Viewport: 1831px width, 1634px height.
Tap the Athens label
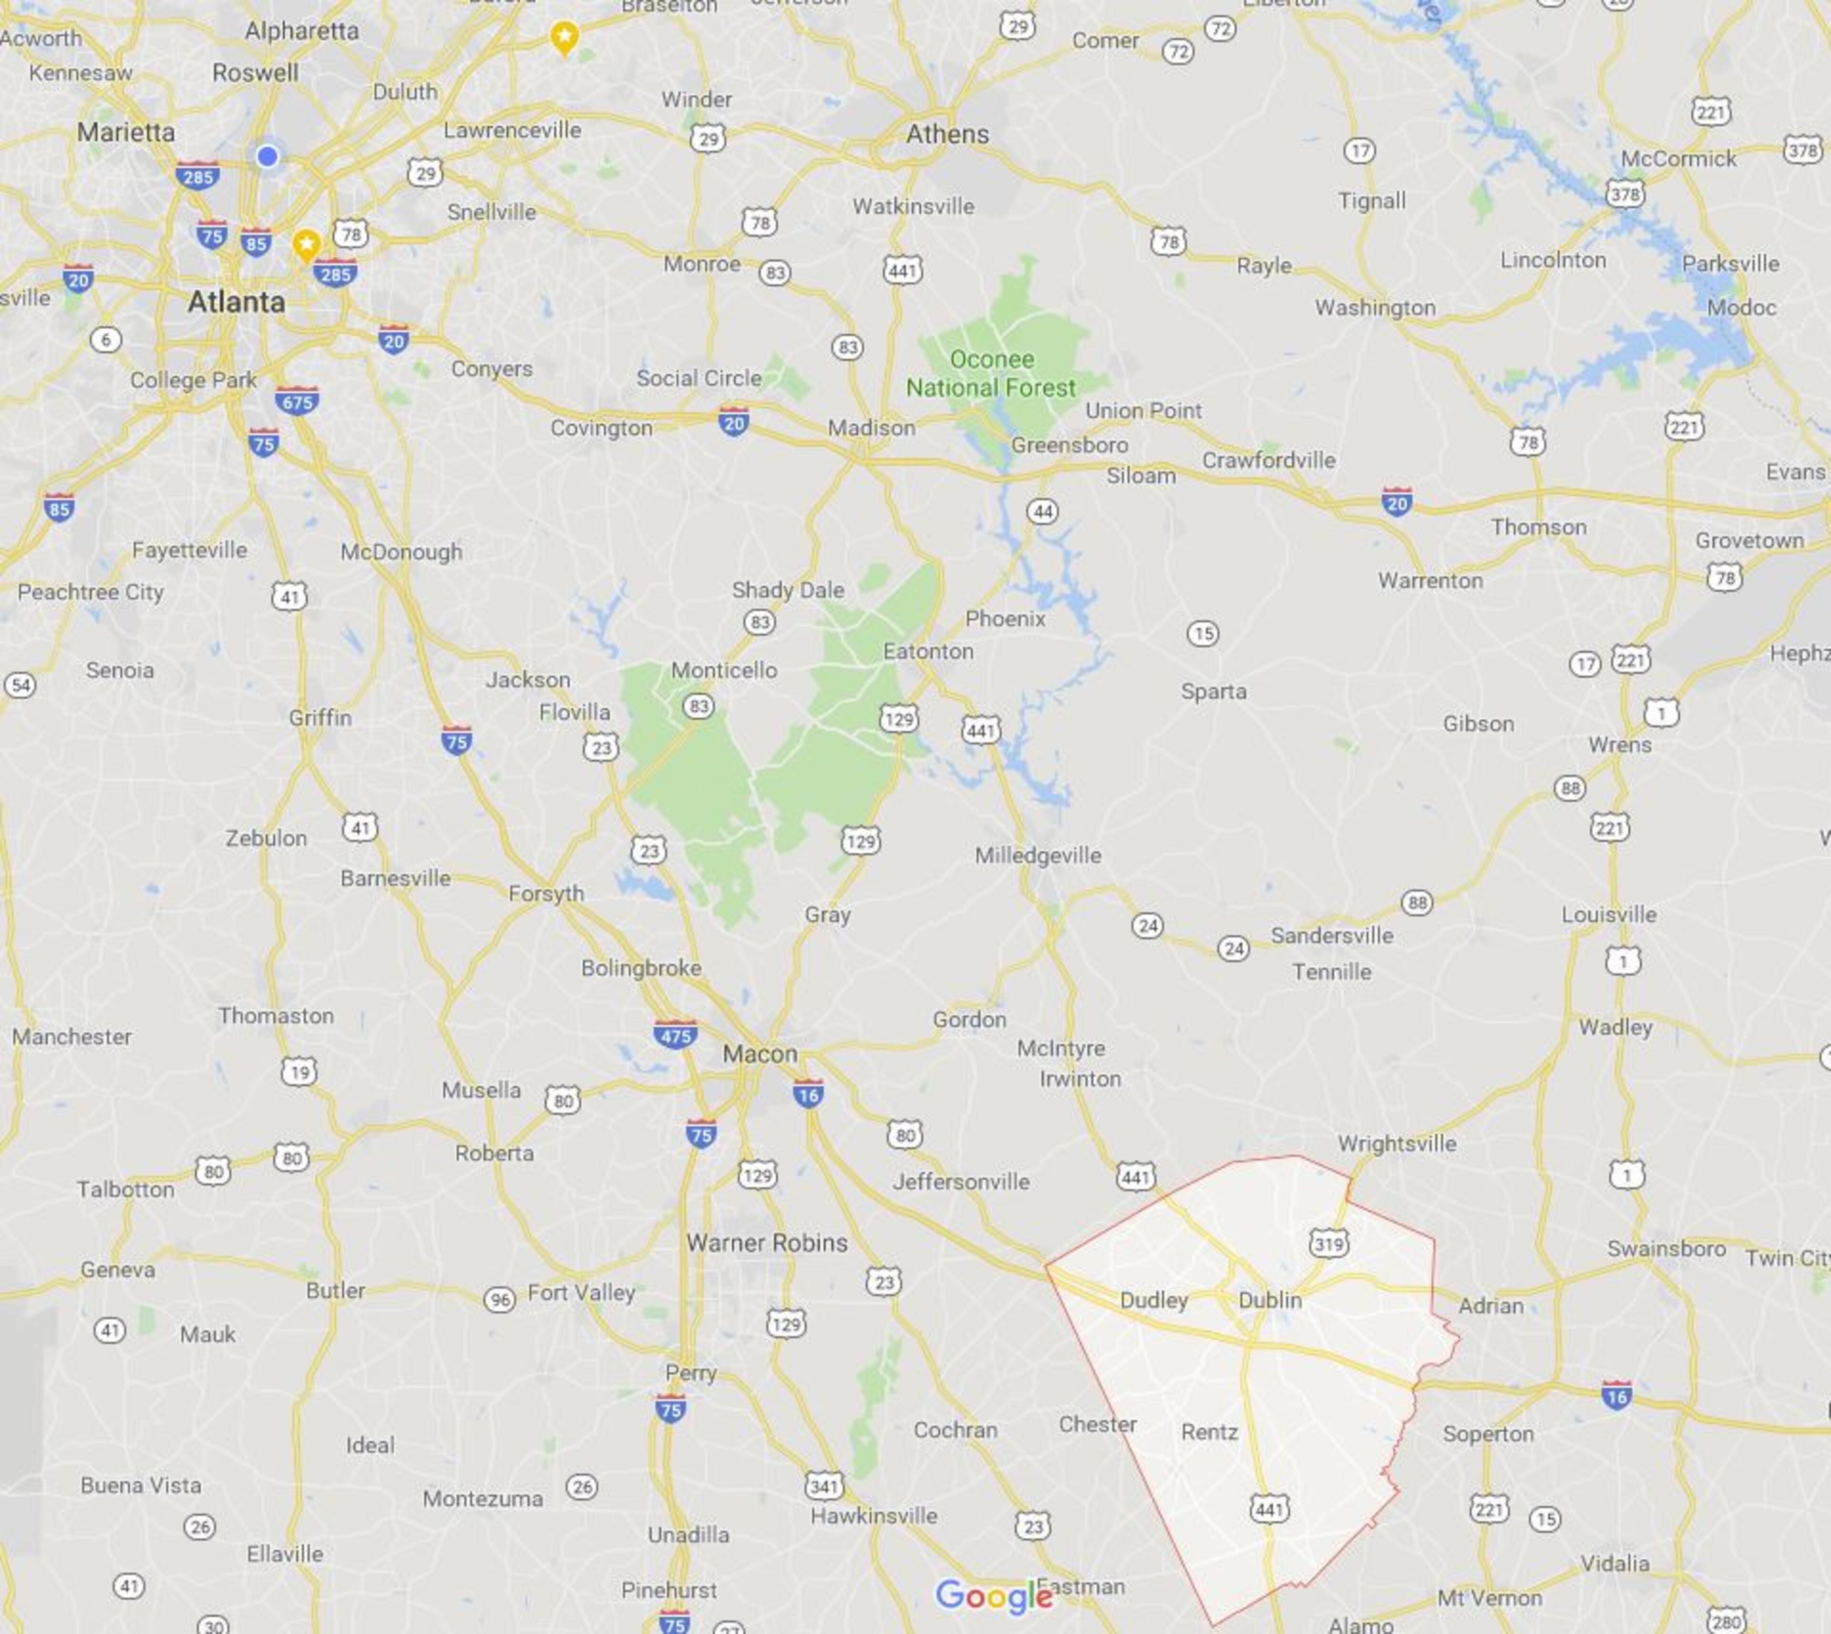pyautogui.click(x=947, y=135)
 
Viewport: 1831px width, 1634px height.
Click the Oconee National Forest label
pyautogui.click(x=990, y=374)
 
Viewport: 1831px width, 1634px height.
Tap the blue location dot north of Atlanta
pyautogui.click(x=267, y=156)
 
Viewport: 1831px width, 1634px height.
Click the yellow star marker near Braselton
pyautogui.click(x=564, y=37)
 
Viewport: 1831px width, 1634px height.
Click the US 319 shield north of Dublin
pyautogui.click(x=1328, y=1244)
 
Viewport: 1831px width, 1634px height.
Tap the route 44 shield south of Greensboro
pyautogui.click(x=1042, y=512)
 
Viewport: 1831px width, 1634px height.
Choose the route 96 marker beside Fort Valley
pyautogui.click(x=499, y=1299)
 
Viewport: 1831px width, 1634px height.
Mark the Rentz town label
pyautogui.click(x=1210, y=1432)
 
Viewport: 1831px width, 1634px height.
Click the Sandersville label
pyautogui.click(x=1332, y=936)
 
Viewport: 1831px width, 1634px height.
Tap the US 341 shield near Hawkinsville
pyautogui.click(x=823, y=1486)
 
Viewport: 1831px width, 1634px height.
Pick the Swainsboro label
pyautogui.click(x=1666, y=1249)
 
